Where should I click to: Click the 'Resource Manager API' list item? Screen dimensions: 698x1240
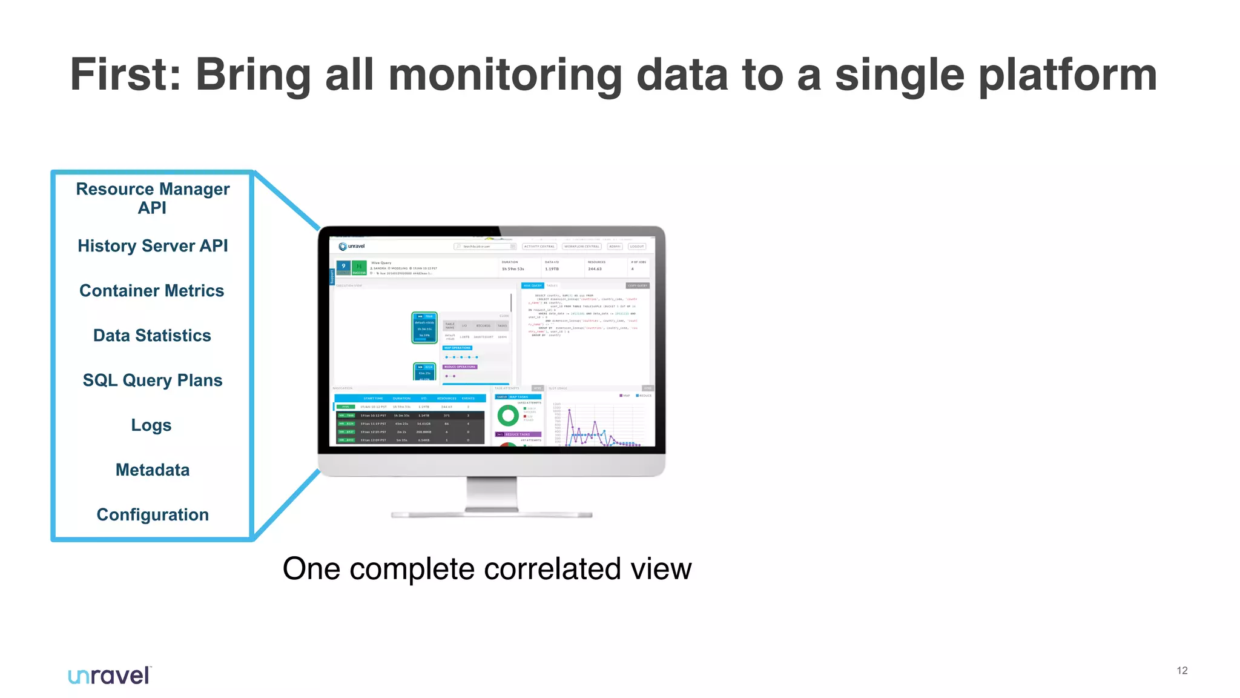[x=153, y=198]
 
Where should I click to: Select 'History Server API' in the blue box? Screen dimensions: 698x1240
[x=153, y=246]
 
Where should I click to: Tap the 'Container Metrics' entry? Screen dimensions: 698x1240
[x=152, y=291]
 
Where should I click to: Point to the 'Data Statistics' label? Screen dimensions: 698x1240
[x=152, y=336]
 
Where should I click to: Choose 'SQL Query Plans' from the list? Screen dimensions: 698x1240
[x=153, y=381]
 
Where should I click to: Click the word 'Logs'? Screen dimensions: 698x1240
[x=151, y=425]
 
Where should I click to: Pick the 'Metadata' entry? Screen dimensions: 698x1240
[x=153, y=470]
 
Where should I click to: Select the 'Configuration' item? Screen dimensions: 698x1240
[x=153, y=515]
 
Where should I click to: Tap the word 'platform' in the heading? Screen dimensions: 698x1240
[x=1067, y=75]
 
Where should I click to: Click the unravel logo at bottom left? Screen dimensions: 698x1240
[x=110, y=676]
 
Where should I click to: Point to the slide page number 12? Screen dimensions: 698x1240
[x=1182, y=671]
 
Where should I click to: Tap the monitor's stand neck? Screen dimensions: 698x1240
[x=492, y=494]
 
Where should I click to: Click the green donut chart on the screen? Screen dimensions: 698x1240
[x=508, y=416]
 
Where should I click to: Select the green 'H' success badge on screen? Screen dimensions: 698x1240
[x=359, y=267]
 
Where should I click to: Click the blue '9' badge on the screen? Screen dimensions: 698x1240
[x=343, y=267]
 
